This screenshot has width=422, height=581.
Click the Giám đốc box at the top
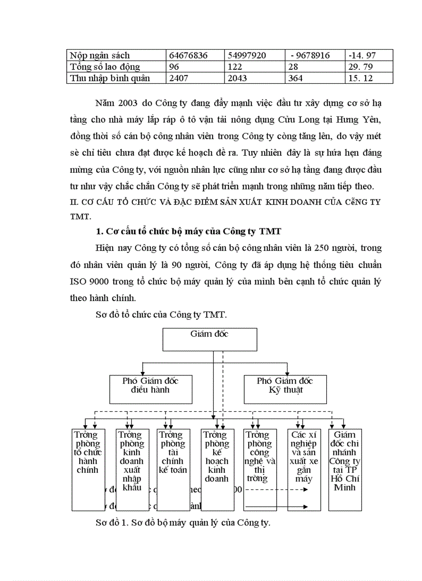(x=209, y=339)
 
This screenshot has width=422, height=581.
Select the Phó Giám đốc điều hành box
(x=150, y=389)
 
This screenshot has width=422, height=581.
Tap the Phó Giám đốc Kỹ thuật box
(x=285, y=389)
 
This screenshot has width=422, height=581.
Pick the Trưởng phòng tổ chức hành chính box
(x=87, y=469)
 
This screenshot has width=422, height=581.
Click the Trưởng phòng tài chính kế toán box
(x=173, y=469)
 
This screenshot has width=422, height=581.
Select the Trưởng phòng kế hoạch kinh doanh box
(x=216, y=469)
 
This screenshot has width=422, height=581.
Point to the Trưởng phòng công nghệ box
(x=259, y=469)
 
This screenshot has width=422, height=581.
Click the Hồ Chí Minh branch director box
(x=345, y=469)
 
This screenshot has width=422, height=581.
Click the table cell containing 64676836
(x=195, y=55)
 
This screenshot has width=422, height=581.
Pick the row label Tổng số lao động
(x=105, y=67)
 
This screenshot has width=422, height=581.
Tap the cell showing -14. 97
(x=369, y=55)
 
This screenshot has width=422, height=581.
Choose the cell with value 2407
(x=195, y=78)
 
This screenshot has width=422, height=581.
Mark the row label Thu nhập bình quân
(x=110, y=78)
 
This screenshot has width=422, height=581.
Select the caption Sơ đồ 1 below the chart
(x=184, y=523)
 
